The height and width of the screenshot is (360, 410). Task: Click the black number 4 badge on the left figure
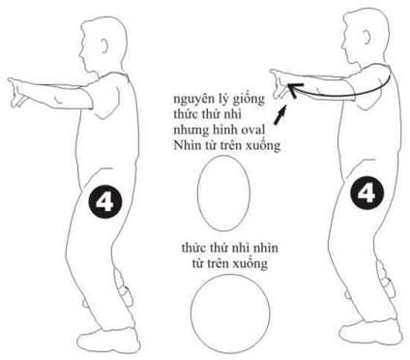[104, 202]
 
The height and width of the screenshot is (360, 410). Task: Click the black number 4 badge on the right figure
[367, 193]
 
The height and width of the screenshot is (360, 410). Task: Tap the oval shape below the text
[223, 193]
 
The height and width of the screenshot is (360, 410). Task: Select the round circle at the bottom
[230, 314]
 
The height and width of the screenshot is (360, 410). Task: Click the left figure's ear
[104, 45]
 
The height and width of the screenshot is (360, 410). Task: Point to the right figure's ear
[366, 37]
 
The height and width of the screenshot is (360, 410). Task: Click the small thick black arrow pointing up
[279, 114]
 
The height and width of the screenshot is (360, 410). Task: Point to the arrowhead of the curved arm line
[293, 89]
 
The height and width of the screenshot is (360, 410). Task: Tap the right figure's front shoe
[370, 331]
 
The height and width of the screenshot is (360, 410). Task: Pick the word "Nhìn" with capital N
[185, 145]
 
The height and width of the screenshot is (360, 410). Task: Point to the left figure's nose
[80, 52]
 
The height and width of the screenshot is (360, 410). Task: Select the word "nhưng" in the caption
[191, 131]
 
